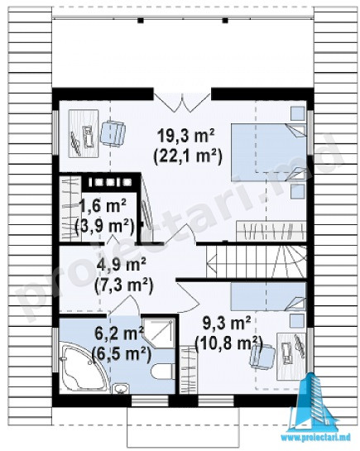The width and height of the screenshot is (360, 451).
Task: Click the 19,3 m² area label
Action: (x=186, y=136)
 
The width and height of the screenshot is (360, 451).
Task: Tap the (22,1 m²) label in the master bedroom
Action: (x=188, y=156)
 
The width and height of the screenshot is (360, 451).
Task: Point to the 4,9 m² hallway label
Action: (x=122, y=264)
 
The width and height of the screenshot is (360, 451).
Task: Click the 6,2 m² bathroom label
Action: (x=119, y=333)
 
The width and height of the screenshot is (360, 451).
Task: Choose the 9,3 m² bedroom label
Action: (x=227, y=323)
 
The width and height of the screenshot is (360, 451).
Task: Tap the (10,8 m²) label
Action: (x=229, y=343)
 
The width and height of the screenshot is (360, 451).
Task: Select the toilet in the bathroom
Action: (x=163, y=372)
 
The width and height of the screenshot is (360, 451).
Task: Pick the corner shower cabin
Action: (x=159, y=333)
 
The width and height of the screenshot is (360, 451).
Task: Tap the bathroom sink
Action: (x=121, y=388)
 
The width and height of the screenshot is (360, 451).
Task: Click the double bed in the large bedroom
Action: (x=269, y=152)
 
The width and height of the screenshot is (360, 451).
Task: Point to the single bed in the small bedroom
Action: (x=268, y=296)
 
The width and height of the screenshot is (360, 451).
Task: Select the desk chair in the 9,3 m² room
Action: (x=262, y=356)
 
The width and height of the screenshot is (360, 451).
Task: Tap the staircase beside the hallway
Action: (x=256, y=261)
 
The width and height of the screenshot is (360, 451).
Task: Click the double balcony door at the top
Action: (x=182, y=103)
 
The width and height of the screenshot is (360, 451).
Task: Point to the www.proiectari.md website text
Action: (x=315, y=438)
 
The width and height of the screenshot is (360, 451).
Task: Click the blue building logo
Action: (x=314, y=402)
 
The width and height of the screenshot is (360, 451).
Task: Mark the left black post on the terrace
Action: (x=141, y=21)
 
